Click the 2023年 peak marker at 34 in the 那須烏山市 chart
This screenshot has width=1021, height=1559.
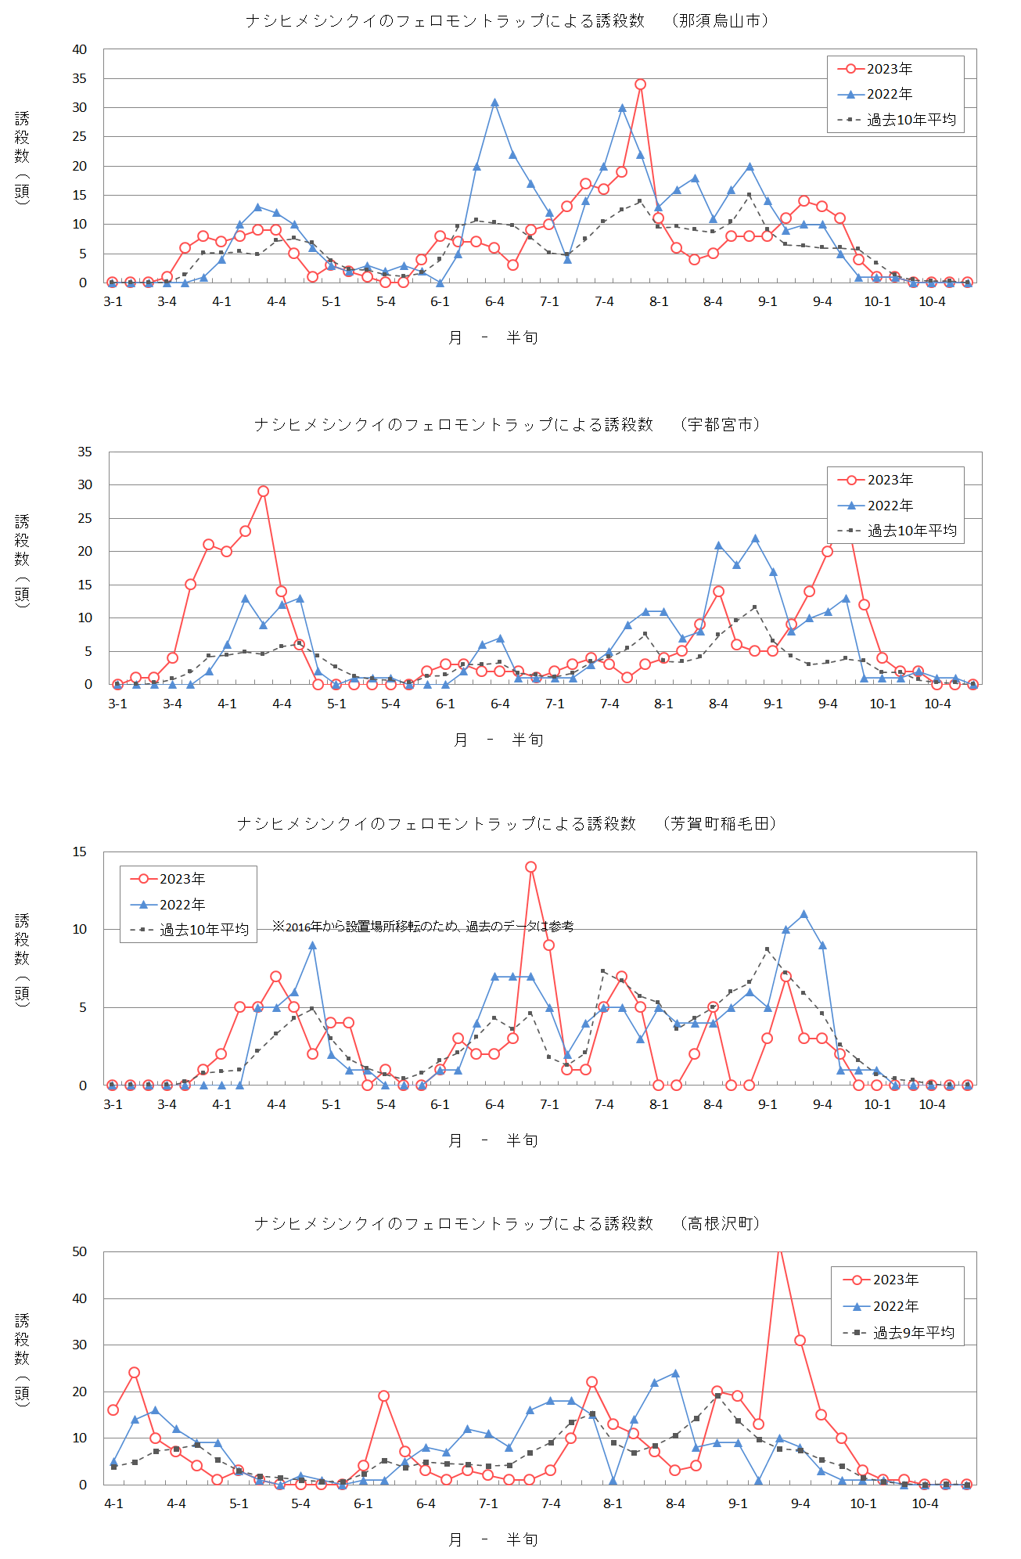pyautogui.click(x=640, y=85)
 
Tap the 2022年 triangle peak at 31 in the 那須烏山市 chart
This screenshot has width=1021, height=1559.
pyautogui.click(x=494, y=103)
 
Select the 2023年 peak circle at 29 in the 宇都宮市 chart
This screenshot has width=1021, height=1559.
pyautogui.click(x=263, y=491)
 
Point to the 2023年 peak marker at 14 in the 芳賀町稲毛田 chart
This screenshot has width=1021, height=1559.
pyautogui.click(x=530, y=867)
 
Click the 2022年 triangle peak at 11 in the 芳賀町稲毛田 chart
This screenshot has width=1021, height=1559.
pyautogui.click(x=803, y=914)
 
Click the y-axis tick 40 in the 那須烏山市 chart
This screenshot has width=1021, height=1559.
pyautogui.click(x=80, y=49)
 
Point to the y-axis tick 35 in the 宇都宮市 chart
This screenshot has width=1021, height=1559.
pyautogui.click(x=84, y=452)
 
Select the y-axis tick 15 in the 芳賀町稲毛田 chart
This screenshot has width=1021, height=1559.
pyautogui.click(x=80, y=852)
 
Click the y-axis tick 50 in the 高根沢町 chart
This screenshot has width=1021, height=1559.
pyautogui.click(x=80, y=1251)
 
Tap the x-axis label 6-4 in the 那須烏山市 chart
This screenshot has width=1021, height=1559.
pyautogui.click(x=494, y=302)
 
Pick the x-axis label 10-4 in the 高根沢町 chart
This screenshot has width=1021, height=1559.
pyautogui.click(x=925, y=1503)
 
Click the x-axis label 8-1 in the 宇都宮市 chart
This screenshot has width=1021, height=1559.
pyautogui.click(x=663, y=704)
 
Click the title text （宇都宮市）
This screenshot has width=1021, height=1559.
pyautogui.click(x=720, y=424)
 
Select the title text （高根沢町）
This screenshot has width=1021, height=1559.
pyautogui.click(x=720, y=1223)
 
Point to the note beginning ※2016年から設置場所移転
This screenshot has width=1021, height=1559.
pyautogui.click(x=422, y=927)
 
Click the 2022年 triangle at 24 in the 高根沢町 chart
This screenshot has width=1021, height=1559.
pyautogui.click(x=675, y=1374)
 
